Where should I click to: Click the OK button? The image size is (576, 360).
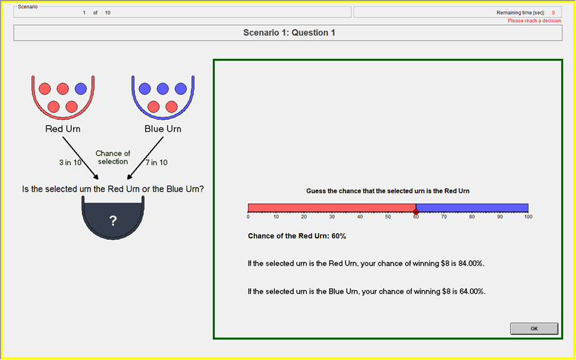tap(534, 329)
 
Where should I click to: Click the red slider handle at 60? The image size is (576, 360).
tap(415, 212)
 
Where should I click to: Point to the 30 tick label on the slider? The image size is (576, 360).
tap(332, 217)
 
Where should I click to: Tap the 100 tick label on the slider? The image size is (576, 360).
tap(528, 217)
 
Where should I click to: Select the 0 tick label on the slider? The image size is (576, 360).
tap(248, 217)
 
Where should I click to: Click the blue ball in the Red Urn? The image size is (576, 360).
tap(81, 89)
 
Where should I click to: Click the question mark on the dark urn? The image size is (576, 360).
tap(113, 221)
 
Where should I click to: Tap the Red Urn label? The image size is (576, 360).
tap(62, 129)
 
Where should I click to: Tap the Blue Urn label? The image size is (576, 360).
tap(162, 129)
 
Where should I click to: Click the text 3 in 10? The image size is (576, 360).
tap(69, 162)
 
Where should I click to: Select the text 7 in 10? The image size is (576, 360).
tap(157, 162)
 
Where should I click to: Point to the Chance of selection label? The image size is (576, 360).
tap(113, 157)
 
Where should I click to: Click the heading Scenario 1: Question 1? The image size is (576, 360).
tap(289, 32)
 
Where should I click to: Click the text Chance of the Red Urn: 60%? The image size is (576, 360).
tap(297, 236)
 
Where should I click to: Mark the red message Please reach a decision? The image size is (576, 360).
tap(535, 21)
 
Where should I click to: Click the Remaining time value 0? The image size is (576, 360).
tap(553, 12)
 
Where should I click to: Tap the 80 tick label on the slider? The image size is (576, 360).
tap(472, 217)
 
